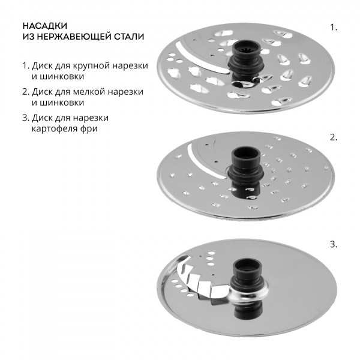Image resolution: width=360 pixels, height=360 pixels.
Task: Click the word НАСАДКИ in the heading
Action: pyautogui.click(x=45, y=26)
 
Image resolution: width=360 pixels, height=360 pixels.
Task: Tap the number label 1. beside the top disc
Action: pyautogui.click(x=334, y=28)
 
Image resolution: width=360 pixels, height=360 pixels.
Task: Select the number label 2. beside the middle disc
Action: pyautogui.click(x=334, y=137)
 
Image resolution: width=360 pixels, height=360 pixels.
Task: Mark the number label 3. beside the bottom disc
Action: pyautogui.click(x=334, y=245)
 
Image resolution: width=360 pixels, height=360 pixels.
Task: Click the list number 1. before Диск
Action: pyautogui.click(x=26, y=66)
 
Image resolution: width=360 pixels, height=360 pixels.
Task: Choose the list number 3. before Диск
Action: pyautogui.click(x=26, y=118)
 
